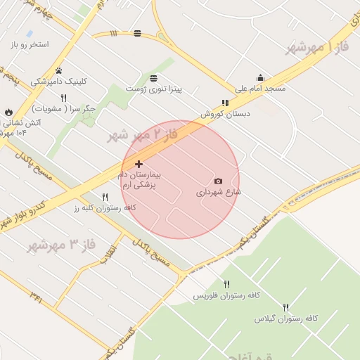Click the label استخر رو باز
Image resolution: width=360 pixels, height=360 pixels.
pos(30,44)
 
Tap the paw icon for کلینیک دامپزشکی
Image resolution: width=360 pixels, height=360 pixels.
pos(59,70)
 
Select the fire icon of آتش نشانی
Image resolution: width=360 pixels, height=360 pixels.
pos(8,112)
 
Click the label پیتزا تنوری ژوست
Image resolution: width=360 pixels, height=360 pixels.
pos(154,89)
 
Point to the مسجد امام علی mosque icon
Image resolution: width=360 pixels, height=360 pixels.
pos(260,78)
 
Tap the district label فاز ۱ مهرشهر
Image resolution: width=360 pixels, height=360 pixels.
pos(317,47)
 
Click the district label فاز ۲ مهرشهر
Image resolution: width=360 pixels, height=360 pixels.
pos(139,134)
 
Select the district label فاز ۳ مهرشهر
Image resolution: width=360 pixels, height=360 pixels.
pos(60,245)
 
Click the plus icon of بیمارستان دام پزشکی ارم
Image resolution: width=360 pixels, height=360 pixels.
pos(139,164)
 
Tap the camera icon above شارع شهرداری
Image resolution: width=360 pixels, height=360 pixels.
pos(218,181)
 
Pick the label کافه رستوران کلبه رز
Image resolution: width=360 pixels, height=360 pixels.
pos(105,208)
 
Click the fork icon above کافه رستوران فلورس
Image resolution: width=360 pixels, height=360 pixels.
pos(226,284)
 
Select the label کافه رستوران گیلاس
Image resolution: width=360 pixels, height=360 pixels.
pos(286,319)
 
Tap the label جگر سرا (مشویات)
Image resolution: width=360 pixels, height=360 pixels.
pos(64,109)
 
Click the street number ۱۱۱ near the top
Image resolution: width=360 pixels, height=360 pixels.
pos(114,33)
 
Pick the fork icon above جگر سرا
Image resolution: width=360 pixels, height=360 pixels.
pos(63,98)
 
